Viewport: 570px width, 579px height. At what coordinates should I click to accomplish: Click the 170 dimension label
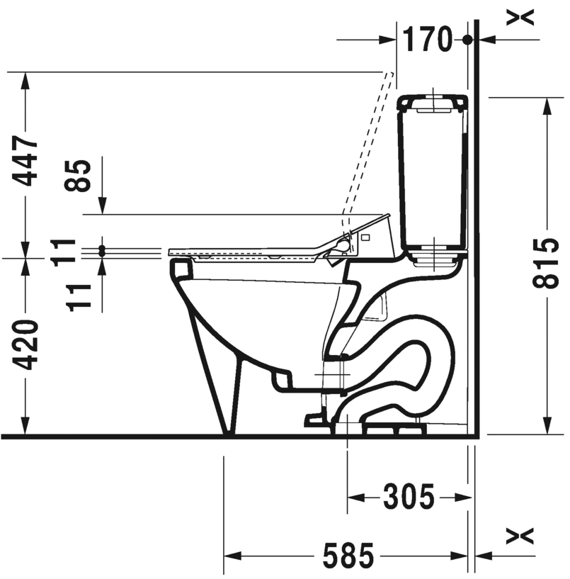(427, 39)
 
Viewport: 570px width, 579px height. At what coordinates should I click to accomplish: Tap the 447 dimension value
(25, 161)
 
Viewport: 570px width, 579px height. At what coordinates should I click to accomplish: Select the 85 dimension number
(77, 176)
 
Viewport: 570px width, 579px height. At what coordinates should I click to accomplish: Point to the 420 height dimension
(25, 345)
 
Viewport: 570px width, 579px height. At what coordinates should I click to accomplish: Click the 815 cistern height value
(545, 263)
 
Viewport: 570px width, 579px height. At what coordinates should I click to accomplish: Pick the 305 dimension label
(409, 497)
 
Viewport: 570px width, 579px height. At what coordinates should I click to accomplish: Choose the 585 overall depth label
(348, 556)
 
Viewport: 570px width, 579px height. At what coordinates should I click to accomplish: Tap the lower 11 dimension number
(78, 298)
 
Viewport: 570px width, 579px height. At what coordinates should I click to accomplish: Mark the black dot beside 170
(467, 40)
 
